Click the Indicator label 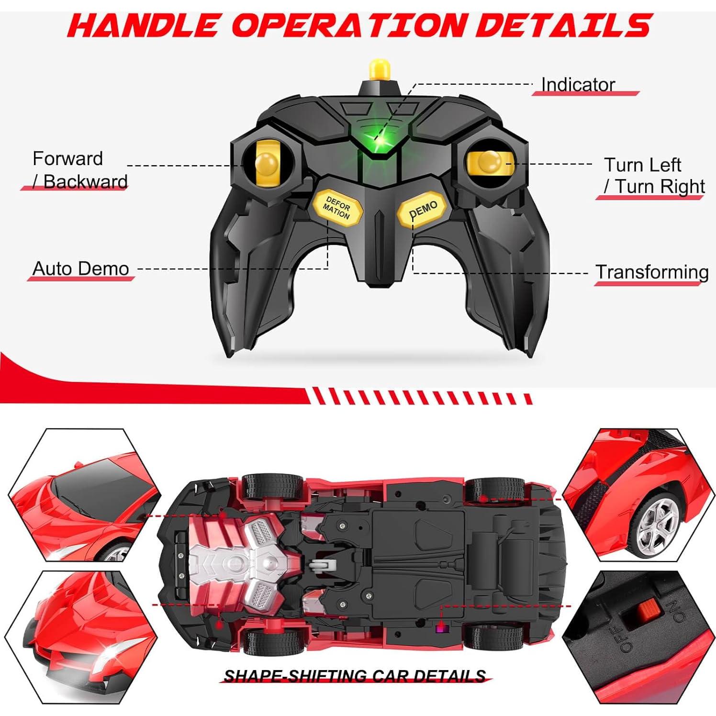pos(578,85)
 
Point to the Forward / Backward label pos(77,170)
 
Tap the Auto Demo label pos(80,269)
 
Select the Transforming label pos(652,272)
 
